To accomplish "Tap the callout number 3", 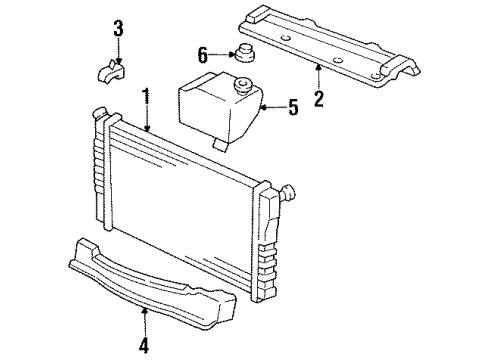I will point(118,27).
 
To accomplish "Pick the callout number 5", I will point(292,106).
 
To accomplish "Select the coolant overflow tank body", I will point(218,112).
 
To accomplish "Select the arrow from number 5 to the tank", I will point(271,106).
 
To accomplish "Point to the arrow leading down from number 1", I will point(146,118).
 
